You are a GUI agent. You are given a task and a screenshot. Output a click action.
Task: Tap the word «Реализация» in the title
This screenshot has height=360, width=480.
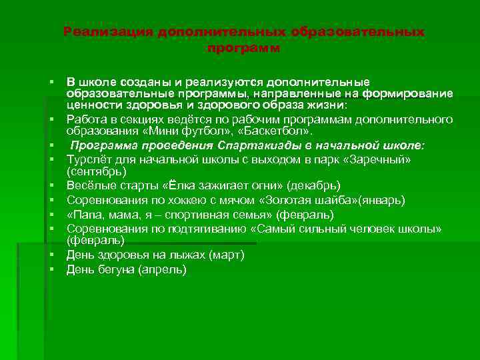pos(108,32)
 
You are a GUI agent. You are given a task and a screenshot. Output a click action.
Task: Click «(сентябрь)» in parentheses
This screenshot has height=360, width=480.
pos(95,171)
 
